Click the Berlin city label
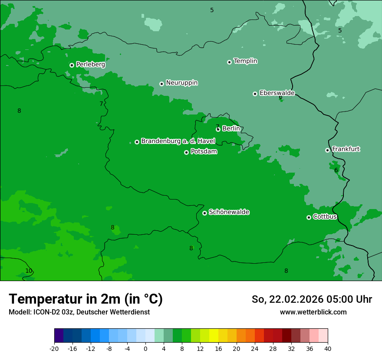point(231,128)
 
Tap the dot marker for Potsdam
point(186,152)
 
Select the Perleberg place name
point(90,64)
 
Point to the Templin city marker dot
point(229,62)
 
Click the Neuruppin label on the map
point(181,82)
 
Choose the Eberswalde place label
point(277,93)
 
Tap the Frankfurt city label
point(346,149)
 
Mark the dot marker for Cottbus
point(309,217)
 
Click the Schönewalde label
point(229,212)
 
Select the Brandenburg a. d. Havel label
point(178,141)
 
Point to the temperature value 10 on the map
point(29,271)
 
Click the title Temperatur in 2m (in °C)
point(86,299)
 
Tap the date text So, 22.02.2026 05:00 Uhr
point(312,299)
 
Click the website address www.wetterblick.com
point(313,312)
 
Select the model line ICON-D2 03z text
point(79,312)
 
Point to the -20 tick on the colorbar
point(54,348)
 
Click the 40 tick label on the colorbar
point(327,348)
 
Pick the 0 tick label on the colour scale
point(145,348)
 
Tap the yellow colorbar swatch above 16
point(214,336)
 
